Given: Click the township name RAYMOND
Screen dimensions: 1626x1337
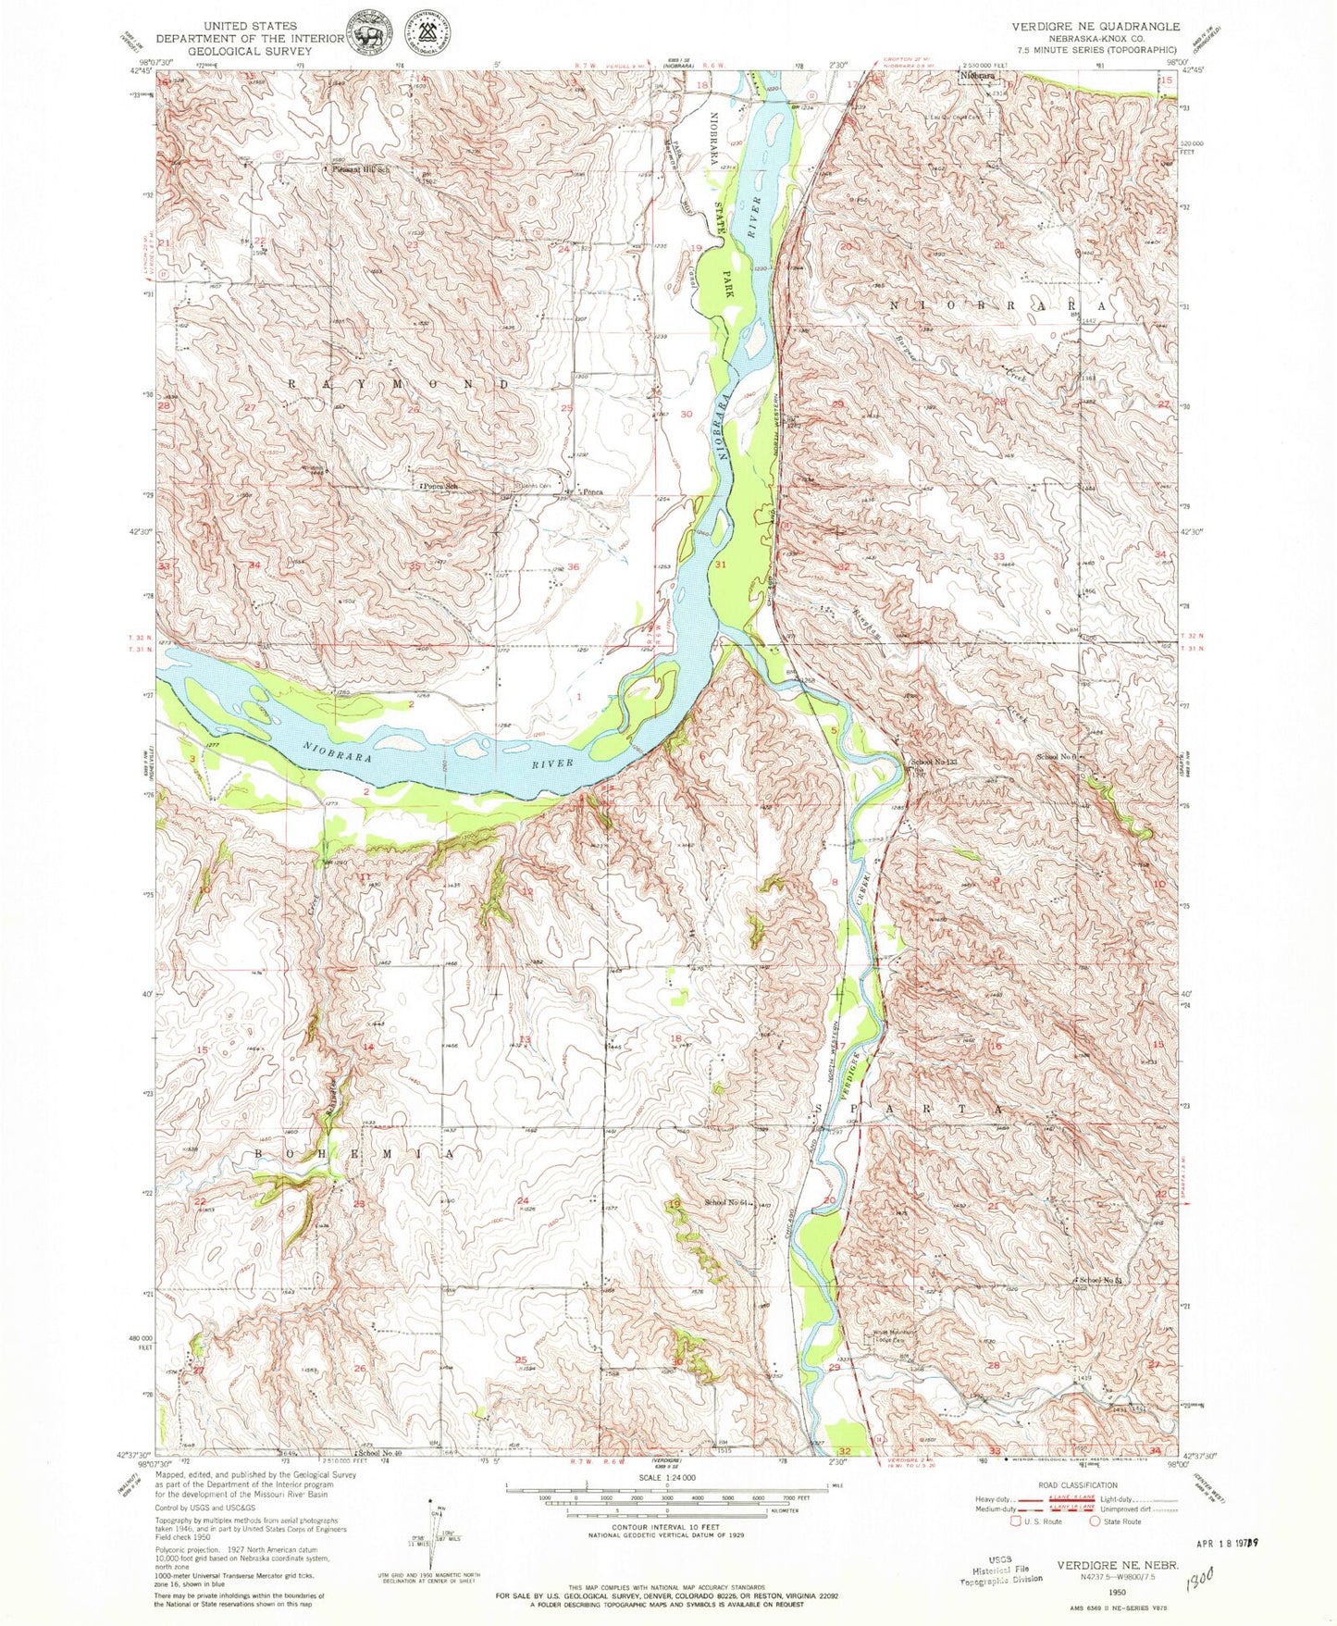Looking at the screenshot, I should click(398, 383).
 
